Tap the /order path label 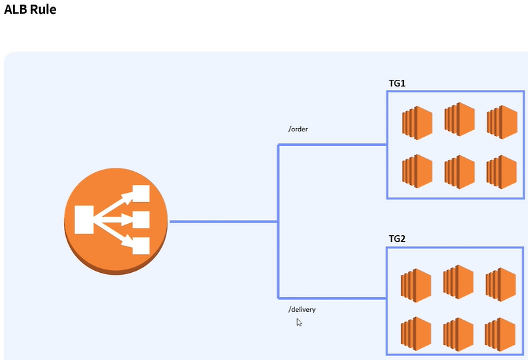click(298, 129)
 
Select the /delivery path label click(302, 309)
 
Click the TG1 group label click(397, 83)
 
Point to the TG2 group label click(397, 238)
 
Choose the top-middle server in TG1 click(459, 119)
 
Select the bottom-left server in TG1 click(417, 169)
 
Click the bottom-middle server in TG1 click(459, 170)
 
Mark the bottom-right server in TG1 click(502, 170)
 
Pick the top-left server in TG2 click(416, 285)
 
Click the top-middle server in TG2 click(459, 282)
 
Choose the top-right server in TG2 click(501, 285)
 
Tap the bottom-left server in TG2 click(416, 334)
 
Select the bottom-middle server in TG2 click(459, 334)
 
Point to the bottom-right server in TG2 click(501, 334)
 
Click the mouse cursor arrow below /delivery click(299, 322)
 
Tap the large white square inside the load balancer click(84, 219)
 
